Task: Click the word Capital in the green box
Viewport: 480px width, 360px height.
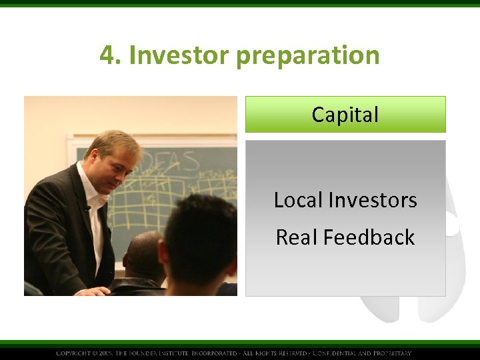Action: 345,115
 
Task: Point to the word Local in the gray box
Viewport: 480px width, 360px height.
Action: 297,200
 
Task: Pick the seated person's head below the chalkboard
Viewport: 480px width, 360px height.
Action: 143,253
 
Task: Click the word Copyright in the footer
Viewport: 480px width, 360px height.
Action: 74,353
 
